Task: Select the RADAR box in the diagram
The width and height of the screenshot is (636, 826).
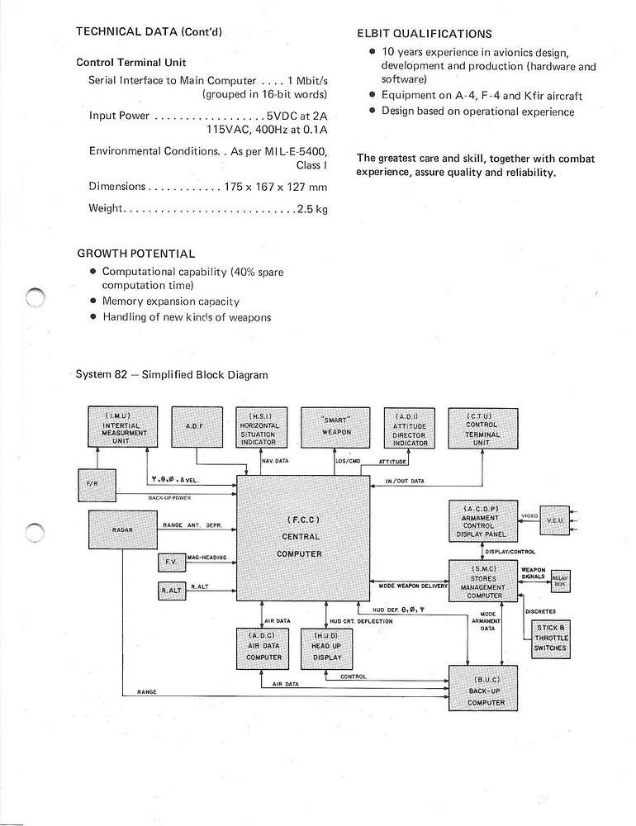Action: click(122, 529)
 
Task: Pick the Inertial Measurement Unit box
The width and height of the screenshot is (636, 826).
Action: click(122, 427)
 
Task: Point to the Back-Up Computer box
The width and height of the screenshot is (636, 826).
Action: click(483, 688)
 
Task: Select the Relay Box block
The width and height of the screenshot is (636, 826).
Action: click(561, 580)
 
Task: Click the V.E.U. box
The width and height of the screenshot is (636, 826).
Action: click(554, 520)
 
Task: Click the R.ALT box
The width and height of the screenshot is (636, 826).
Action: click(172, 590)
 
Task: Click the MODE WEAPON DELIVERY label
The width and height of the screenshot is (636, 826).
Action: click(413, 586)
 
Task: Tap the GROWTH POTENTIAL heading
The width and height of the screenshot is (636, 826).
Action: click(136, 254)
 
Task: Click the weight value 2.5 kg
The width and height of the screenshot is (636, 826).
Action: click(312, 209)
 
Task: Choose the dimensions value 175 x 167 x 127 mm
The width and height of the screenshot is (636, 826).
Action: click(275, 187)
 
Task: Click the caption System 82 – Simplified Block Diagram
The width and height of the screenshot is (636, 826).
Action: click(172, 374)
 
